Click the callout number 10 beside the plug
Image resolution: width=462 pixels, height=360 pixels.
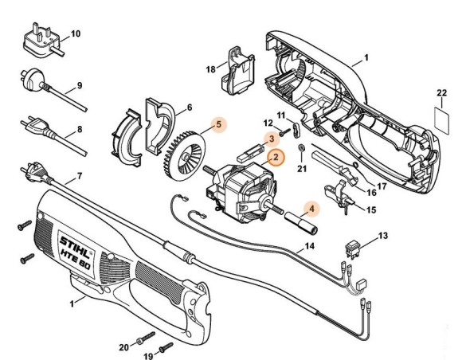point(76,33)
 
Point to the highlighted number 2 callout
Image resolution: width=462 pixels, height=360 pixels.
point(274,158)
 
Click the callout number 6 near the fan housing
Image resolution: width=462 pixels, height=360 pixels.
point(189,107)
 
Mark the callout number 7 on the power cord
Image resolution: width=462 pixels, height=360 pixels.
point(79,175)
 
